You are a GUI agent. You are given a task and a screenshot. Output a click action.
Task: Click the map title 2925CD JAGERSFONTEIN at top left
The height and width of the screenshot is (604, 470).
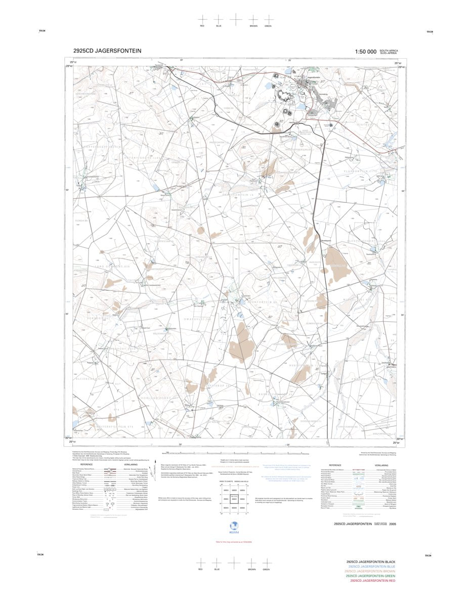click(x=107, y=51)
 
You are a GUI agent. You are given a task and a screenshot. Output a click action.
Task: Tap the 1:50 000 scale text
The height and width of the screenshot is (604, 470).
click(x=366, y=52)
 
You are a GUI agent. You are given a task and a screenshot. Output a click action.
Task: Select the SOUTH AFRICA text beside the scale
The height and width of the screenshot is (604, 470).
click(x=390, y=50)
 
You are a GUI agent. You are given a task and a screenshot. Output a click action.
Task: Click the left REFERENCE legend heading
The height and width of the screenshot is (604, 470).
click(x=87, y=464)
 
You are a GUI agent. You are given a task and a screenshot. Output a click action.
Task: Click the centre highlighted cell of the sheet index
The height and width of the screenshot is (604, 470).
click(x=234, y=499)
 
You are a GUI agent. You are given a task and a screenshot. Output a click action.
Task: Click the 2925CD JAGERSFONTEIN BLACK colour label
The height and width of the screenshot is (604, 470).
click(x=370, y=562)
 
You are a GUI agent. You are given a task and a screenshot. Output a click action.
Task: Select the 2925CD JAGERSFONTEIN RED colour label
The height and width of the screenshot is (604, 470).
click(x=371, y=580)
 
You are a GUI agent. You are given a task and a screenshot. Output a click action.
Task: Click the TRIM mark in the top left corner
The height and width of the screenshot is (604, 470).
click(x=41, y=32)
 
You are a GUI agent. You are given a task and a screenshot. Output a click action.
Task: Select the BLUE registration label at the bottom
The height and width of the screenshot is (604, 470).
click(x=217, y=570)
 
